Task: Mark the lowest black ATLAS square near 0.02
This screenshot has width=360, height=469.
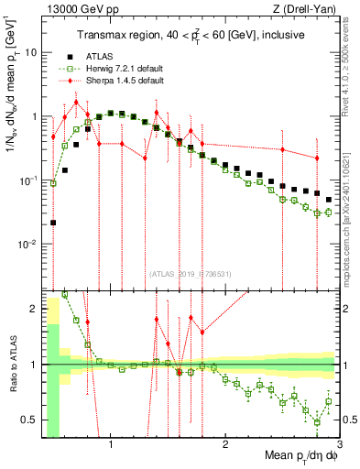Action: coord(53,223)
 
